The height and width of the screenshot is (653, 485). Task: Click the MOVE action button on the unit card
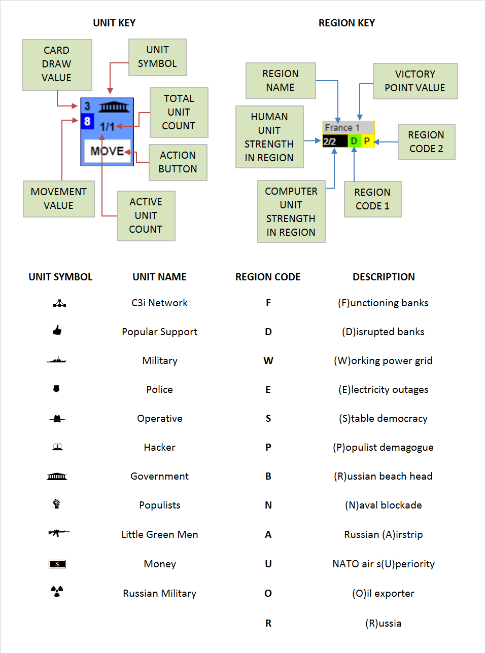click(107, 151)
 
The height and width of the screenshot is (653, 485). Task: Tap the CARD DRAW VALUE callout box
click(57, 64)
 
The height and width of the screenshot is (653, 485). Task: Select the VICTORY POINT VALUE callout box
click(415, 81)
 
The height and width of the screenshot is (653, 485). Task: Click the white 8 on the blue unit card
click(87, 121)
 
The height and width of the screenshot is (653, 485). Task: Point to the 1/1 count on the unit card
click(107, 127)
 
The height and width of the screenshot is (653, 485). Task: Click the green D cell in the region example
click(354, 141)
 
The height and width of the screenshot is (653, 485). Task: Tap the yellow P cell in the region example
click(367, 141)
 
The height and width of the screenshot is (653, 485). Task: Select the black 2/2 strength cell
click(334, 141)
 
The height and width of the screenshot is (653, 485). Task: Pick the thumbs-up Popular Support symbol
click(57, 331)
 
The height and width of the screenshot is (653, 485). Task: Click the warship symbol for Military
click(56, 360)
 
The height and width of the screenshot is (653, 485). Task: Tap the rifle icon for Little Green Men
click(59, 533)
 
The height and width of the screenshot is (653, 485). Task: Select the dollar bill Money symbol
click(57, 564)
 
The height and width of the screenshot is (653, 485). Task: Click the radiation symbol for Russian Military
click(57, 591)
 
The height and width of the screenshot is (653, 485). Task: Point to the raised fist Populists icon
click(57, 504)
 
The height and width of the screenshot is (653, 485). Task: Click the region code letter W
click(268, 360)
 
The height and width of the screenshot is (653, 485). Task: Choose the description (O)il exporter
click(383, 593)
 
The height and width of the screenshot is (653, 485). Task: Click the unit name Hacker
click(159, 447)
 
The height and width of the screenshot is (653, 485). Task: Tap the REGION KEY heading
click(347, 23)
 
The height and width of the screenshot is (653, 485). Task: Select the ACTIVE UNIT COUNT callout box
click(146, 215)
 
